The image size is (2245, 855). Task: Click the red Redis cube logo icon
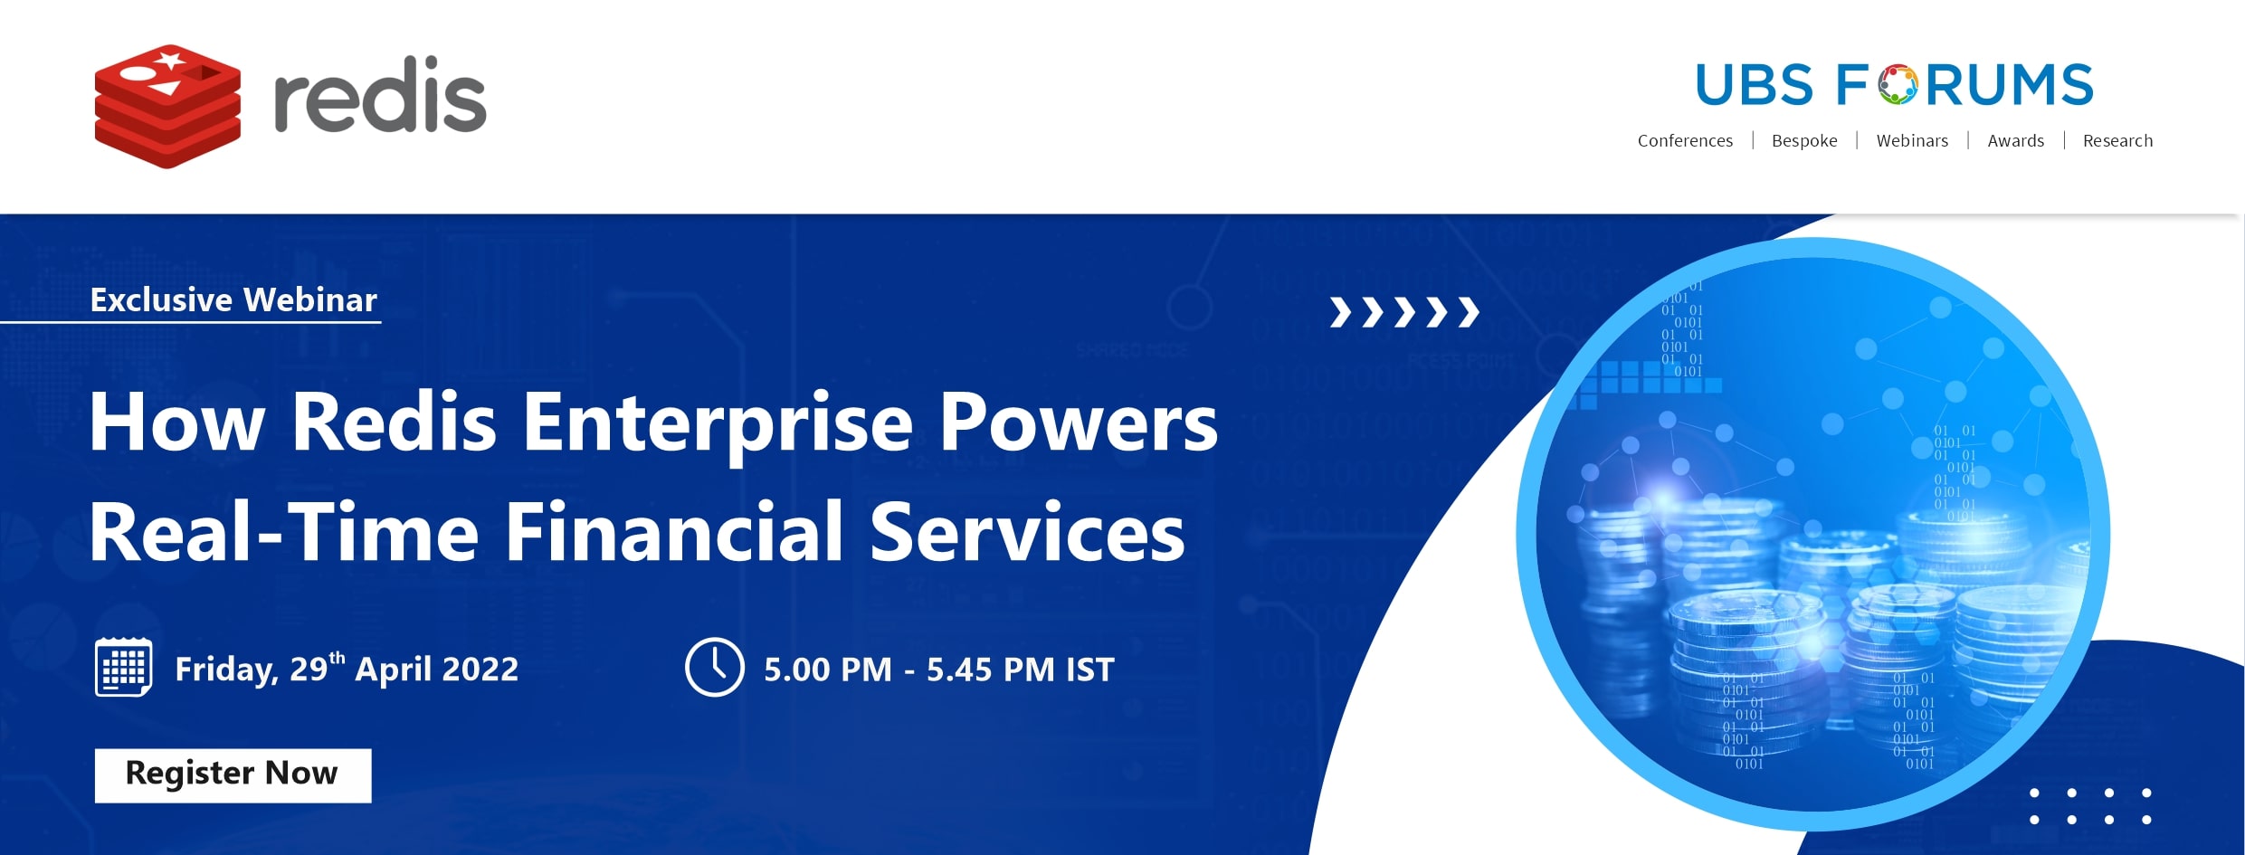click(168, 106)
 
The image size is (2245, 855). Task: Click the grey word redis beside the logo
click(380, 94)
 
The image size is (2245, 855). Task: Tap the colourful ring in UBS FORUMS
click(1897, 85)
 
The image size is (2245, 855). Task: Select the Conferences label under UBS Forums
click(1685, 140)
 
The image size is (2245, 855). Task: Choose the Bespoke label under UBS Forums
click(1804, 140)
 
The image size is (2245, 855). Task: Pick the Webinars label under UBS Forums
click(1912, 140)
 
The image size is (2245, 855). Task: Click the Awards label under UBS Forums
click(2015, 140)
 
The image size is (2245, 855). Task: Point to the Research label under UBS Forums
click(2117, 140)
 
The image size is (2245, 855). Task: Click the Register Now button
click(233, 775)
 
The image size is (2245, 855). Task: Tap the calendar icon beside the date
click(123, 667)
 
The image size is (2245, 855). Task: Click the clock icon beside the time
click(715, 667)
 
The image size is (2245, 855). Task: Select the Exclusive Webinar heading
click(233, 299)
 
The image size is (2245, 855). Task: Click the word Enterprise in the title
click(718, 423)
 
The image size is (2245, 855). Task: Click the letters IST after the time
click(1090, 670)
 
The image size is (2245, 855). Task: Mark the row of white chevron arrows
click(1404, 312)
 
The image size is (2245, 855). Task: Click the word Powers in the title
click(1079, 423)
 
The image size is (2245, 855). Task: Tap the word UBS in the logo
click(1755, 85)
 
